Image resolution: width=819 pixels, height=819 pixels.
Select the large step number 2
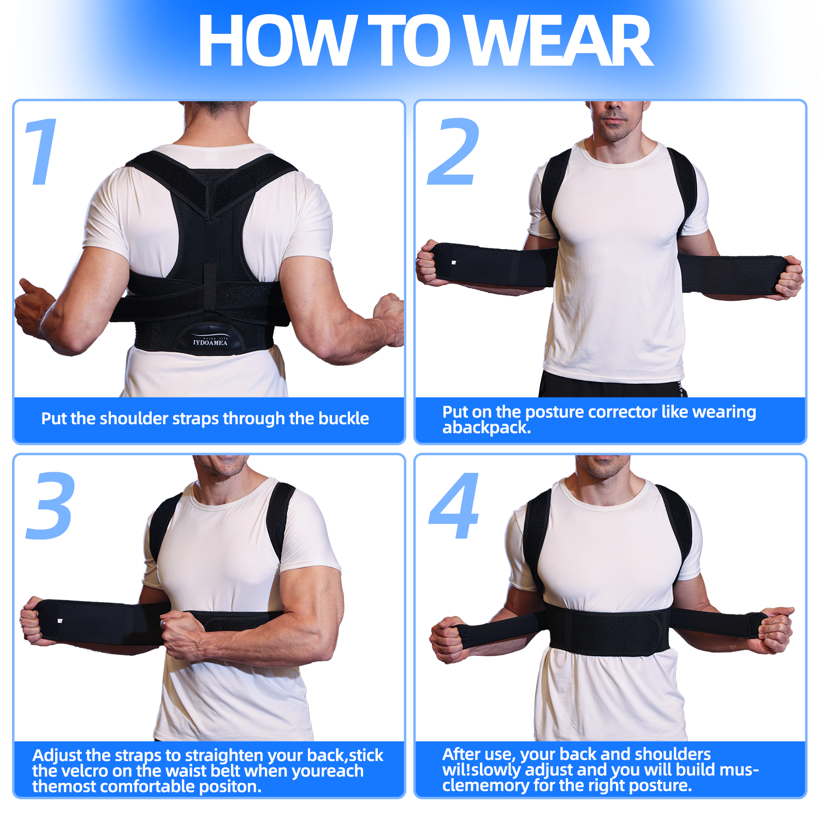tap(454, 151)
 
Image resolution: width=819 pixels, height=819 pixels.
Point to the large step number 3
tap(50, 506)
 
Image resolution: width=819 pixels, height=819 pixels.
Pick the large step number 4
tap(454, 506)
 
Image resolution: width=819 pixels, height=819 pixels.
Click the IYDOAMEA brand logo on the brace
tap(210, 342)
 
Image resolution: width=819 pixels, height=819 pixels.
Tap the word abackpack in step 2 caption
tap(486, 428)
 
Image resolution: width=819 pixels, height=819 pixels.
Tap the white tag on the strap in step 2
tap(454, 263)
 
